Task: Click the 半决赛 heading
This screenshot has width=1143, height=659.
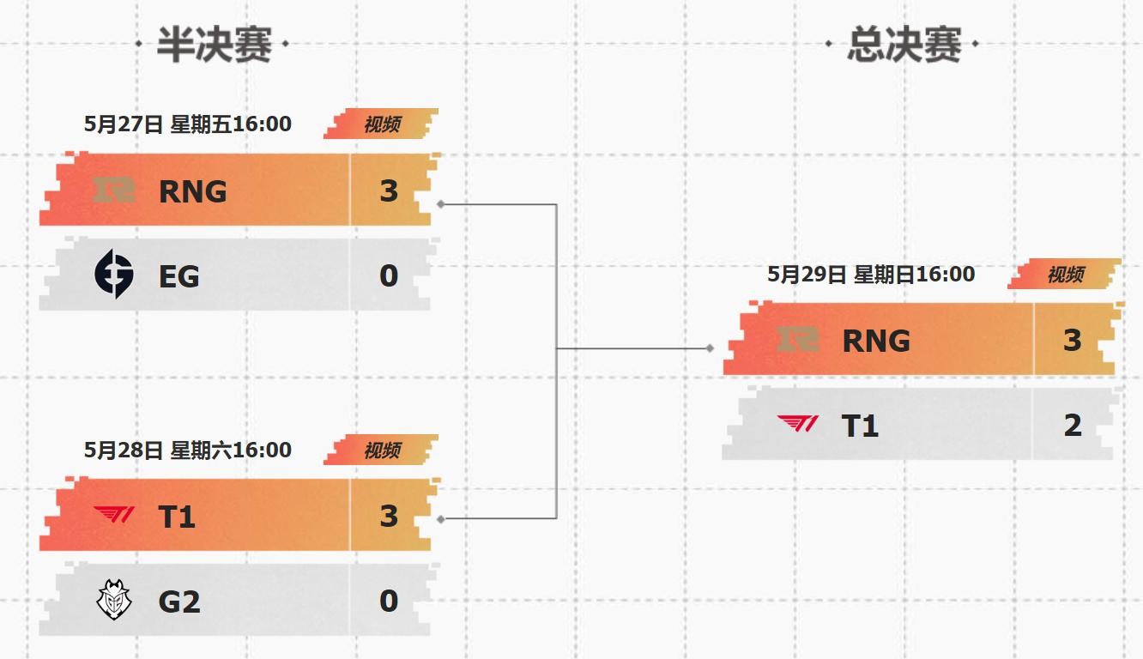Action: click(x=214, y=45)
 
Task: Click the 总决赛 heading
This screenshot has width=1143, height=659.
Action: click(x=904, y=45)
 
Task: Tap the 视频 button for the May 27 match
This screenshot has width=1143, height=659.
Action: click(x=382, y=124)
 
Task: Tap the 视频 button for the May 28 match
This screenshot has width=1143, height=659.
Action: click(x=382, y=450)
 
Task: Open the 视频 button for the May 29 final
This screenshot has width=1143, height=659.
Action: click(x=1065, y=275)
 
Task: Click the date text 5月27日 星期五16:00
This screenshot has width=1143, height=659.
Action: click(x=188, y=124)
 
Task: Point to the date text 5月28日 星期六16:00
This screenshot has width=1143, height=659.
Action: click(x=188, y=450)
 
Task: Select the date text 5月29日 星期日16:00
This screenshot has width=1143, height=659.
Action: click(x=871, y=275)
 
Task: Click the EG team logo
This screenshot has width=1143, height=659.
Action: click(x=114, y=275)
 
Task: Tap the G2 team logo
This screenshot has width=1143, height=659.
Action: click(x=114, y=601)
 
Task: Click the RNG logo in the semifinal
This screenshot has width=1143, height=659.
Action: click(x=114, y=190)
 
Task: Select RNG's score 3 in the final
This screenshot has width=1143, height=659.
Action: click(x=1073, y=341)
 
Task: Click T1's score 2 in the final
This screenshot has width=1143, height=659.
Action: click(x=1073, y=426)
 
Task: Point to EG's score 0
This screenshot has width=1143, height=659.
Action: click(x=389, y=276)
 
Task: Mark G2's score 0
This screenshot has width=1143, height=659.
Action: click(x=389, y=602)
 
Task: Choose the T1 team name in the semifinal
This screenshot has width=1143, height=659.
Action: click(x=178, y=517)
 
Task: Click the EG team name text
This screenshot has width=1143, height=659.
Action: click(x=179, y=276)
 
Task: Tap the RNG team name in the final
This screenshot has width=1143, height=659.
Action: click(x=876, y=341)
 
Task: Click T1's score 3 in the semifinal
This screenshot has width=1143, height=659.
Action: click(x=389, y=517)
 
